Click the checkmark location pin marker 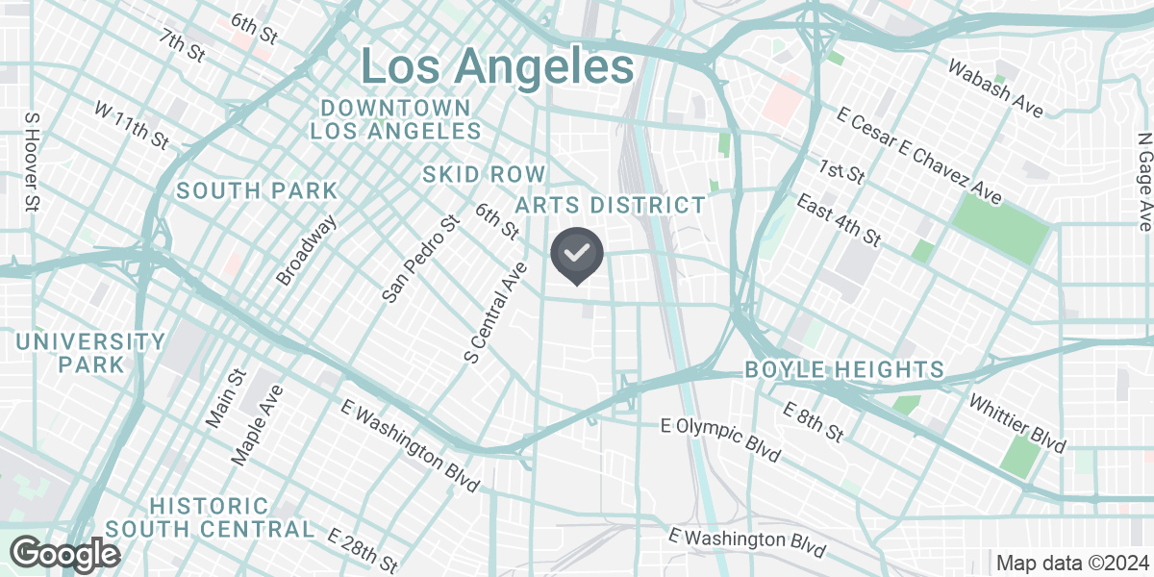(576, 255)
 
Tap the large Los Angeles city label (497, 67)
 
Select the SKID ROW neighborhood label (484, 174)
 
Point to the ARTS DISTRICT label (611, 205)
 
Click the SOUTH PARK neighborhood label (257, 190)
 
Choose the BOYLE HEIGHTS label (844, 370)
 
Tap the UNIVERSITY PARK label (90, 353)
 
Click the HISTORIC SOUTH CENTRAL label (210, 517)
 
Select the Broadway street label (307, 249)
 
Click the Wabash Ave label (994, 88)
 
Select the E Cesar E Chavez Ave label (918, 156)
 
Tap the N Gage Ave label (1143, 181)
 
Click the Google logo (65, 554)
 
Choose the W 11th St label (132, 125)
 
